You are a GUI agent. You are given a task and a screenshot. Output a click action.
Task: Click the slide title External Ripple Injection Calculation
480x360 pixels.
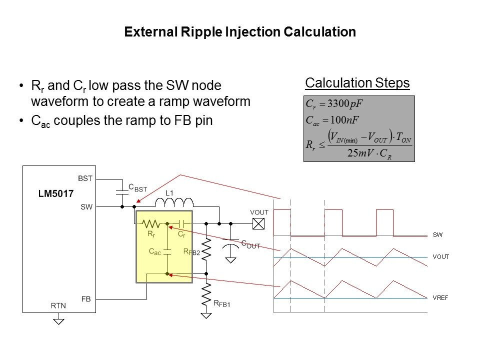click(x=240, y=32)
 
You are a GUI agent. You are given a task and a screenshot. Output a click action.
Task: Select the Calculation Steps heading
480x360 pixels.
click(x=357, y=82)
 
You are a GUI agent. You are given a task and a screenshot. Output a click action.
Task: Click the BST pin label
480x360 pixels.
click(x=85, y=177)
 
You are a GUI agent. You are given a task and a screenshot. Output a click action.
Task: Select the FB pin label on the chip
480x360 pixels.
click(x=86, y=299)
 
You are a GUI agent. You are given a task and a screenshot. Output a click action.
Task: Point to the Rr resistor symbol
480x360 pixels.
click(x=151, y=223)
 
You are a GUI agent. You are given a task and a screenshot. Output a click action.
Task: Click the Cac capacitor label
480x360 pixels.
click(x=155, y=252)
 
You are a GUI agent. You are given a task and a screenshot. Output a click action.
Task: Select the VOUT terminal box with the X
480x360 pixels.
click(x=258, y=223)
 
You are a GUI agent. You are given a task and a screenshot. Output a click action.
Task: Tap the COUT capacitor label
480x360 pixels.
click(x=250, y=244)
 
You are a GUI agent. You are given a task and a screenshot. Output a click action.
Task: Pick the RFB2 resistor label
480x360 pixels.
click(x=191, y=252)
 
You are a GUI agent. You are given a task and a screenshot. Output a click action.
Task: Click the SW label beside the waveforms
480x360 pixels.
click(x=438, y=234)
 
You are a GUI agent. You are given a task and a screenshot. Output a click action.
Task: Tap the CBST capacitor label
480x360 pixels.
click(x=137, y=187)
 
